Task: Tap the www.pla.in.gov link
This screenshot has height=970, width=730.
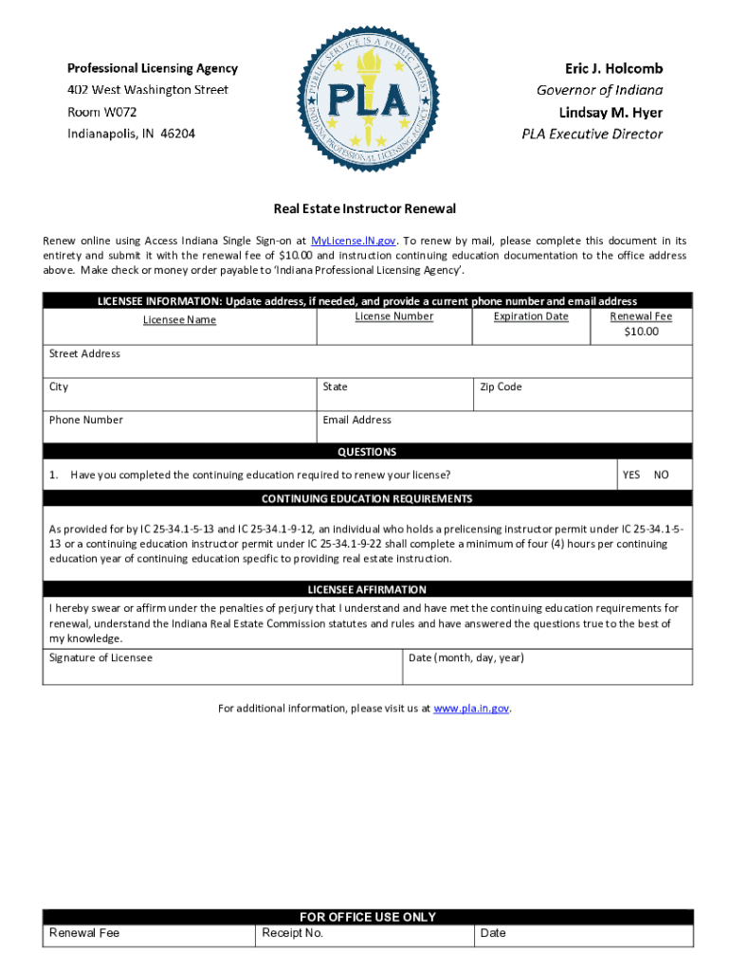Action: tap(471, 708)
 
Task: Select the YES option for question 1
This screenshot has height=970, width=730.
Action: tap(630, 475)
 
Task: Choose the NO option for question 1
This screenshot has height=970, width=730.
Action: tap(661, 475)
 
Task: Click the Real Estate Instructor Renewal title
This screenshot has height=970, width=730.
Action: tap(365, 208)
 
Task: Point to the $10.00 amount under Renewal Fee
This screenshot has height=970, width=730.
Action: tap(641, 332)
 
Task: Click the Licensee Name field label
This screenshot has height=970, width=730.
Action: tap(179, 320)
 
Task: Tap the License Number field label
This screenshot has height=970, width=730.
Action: tap(393, 316)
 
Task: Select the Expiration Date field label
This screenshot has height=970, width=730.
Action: tap(531, 316)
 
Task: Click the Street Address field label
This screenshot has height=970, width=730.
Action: tap(84, 353)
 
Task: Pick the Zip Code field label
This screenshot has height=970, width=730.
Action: tap(501, 386)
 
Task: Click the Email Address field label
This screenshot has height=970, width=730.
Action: tap(356, 420)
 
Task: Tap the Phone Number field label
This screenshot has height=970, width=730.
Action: tap(85, 420)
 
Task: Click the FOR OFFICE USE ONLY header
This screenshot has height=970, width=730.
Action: tap(368, 917)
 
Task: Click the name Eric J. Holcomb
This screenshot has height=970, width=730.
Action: tap(613, 68)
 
